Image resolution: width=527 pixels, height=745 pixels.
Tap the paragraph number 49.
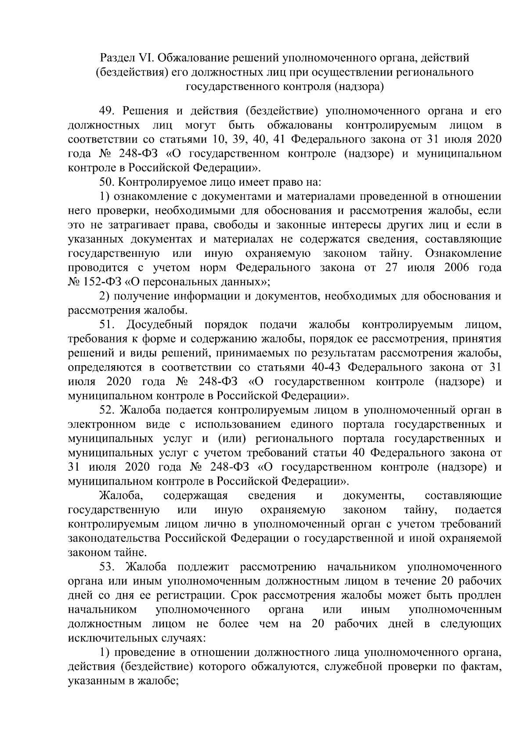pos(108,111)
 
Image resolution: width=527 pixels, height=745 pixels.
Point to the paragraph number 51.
pos(108,325)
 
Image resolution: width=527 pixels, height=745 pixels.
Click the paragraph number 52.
pos(108,410)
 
